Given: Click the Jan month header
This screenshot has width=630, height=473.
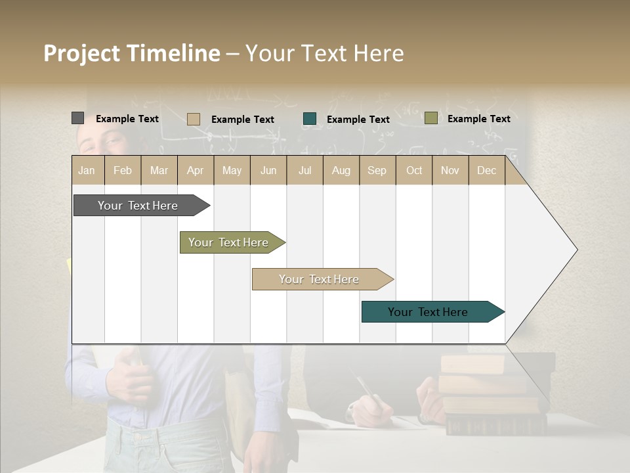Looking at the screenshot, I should point(87,170).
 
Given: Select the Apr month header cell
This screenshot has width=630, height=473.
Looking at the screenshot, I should point(196,170).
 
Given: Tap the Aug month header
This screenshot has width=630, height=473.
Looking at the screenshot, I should point(341,170).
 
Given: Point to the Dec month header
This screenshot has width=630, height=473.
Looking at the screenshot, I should point(487,170).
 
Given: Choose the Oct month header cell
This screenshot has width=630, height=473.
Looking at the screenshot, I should point(414,170).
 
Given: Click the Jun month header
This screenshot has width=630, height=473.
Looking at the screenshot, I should point(268,170).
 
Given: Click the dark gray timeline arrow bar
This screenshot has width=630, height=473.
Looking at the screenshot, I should point(138,206).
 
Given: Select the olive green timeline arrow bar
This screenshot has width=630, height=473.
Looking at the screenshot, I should point(228,242).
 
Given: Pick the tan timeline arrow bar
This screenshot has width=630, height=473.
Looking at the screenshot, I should point(319,279).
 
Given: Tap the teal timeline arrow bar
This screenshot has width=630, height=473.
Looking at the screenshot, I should point(428,312).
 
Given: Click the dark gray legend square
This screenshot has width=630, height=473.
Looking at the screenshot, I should point(77,118).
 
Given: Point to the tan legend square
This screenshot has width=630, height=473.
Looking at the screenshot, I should point(193,119).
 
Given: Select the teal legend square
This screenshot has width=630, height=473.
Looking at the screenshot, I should point(310,119).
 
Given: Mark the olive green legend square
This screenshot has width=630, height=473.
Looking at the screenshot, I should point(430,118).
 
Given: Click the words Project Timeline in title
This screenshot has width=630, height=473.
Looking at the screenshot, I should point(131,53).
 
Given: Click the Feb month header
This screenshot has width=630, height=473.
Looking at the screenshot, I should point(123,170).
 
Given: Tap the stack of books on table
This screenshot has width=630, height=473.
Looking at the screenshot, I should point(492,394).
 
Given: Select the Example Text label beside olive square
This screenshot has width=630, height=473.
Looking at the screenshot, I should point(478,118).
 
